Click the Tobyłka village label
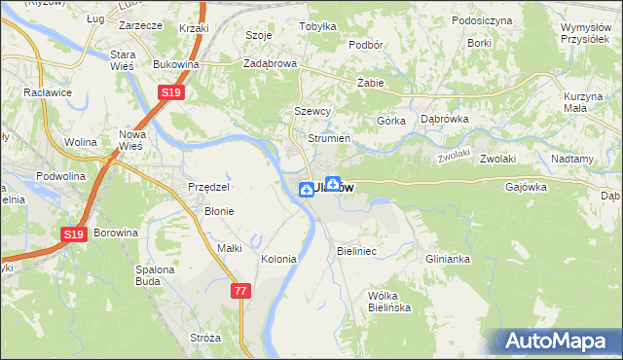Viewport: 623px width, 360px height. click(317, 27)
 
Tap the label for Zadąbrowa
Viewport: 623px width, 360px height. click(270, 64)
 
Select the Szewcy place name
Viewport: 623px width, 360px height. click(313, 112)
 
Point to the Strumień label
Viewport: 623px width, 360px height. click(329, 138)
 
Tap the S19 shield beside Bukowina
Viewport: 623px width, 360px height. click(171, 92)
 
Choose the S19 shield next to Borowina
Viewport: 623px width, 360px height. click(75, 234)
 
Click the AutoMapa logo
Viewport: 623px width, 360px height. click(559, 342)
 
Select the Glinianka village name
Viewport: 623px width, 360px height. click(448, 259)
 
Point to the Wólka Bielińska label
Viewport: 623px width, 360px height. click(391, 301)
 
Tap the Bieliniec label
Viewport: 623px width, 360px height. click(356, 251)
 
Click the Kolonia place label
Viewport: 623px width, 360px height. click(279, 259)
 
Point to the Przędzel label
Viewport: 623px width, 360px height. click(208, 187)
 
